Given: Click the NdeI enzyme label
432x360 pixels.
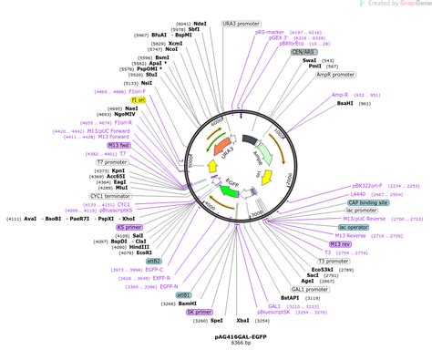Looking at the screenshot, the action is click(201, 22).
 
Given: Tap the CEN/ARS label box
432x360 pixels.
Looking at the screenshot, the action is click(303, 52).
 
